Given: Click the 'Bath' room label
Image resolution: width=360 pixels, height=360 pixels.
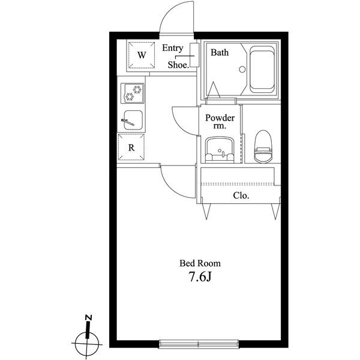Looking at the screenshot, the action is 220,53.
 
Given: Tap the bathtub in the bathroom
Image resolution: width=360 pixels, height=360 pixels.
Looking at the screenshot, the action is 262,70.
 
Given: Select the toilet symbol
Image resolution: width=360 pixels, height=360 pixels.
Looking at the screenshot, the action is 263,146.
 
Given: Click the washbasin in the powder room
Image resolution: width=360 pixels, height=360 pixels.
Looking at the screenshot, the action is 220,150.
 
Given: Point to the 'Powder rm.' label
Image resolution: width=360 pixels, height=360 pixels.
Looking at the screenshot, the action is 220,121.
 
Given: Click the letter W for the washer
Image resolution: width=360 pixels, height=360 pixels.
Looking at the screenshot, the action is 142,55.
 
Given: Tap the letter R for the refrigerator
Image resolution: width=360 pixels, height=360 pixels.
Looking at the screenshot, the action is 131,148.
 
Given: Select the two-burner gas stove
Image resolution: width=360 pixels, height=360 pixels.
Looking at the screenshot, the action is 133,93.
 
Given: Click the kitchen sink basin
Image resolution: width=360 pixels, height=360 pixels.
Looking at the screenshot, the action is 133,120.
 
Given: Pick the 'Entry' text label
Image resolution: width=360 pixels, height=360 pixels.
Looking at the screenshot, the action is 173,48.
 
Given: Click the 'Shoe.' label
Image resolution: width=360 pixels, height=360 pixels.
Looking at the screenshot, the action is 178,65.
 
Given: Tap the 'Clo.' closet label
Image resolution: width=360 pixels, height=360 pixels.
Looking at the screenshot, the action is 241,196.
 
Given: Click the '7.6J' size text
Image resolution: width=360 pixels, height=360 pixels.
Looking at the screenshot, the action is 200,277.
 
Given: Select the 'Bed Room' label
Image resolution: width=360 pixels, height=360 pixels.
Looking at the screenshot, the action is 200,263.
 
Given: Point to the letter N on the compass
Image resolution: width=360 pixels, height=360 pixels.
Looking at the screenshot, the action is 89,317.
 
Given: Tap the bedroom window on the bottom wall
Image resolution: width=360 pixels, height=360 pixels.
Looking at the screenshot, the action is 199,343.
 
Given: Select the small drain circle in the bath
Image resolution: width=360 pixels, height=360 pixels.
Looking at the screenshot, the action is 242,70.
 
